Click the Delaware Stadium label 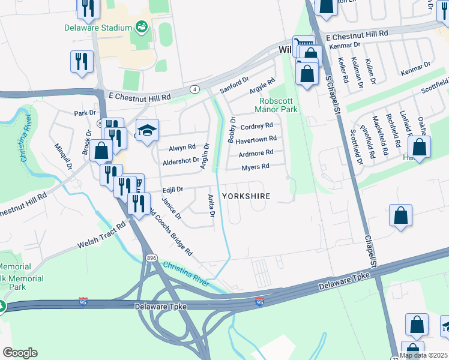98,28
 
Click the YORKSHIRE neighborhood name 246,196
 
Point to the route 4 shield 194,89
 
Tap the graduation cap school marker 146,130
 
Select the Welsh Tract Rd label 101,235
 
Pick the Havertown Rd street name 256,139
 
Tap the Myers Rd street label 255,167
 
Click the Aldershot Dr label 181,161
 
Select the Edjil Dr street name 172,190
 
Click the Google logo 20,353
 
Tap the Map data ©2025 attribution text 423,355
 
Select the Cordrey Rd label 256,126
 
